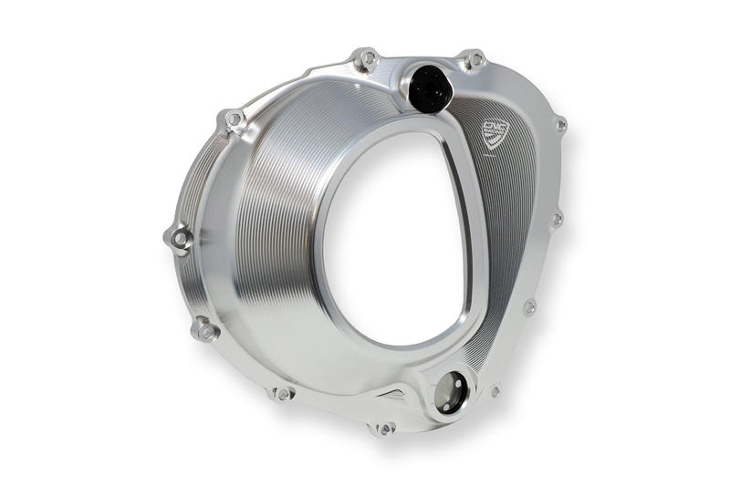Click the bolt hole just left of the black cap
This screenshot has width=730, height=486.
368,58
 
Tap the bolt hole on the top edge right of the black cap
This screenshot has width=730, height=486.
474,60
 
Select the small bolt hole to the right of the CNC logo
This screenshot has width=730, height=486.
560,124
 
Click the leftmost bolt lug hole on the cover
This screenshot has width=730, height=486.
180,239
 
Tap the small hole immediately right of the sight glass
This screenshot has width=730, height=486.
495,390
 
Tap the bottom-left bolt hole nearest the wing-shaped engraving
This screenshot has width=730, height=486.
283,393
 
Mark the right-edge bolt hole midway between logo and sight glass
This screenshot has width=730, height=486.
557,219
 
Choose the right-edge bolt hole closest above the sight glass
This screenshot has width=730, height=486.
529,307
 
